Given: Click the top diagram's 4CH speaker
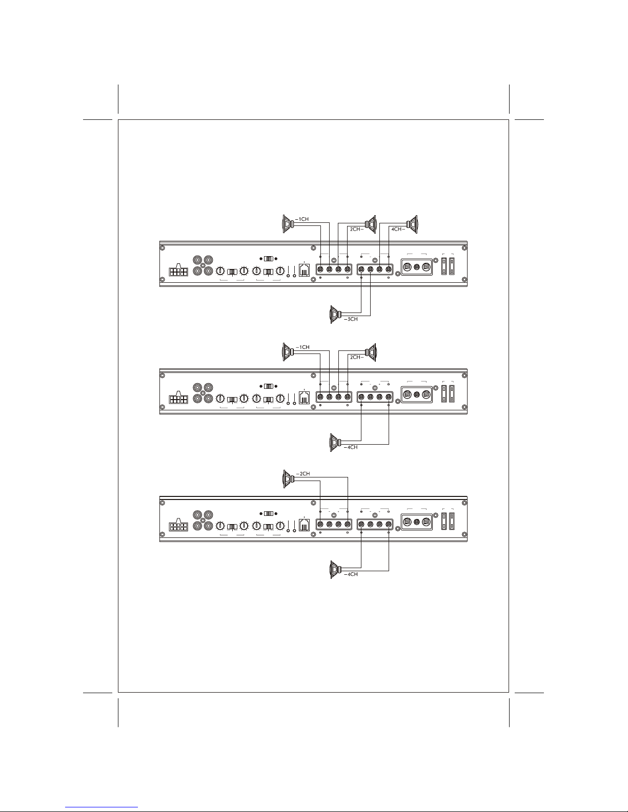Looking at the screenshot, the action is [x=412, y=224].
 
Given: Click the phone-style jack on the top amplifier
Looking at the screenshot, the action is [x=305, y=270].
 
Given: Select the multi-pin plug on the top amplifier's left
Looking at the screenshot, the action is [x=179, y=270].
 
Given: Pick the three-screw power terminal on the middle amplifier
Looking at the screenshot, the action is [x=417, y=394].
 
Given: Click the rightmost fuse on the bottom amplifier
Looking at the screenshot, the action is [x=452, y=522].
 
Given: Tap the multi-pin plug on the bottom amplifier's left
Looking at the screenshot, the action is [x=179, y=525].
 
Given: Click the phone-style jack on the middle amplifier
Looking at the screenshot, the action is [x=305, y=398].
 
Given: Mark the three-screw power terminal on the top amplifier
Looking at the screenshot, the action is [x=417, y=267].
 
